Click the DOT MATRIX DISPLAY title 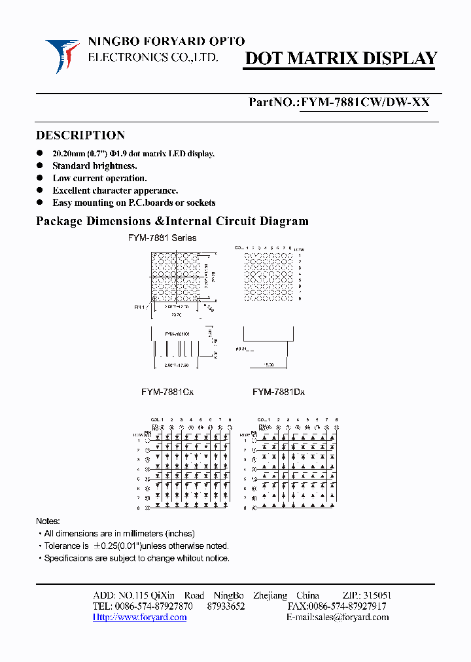pos(340,59)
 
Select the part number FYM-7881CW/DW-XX pos(364,103)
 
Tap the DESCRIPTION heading pos(80,135)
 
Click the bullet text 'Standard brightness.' pos(94,166)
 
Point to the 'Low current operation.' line pos(99,178)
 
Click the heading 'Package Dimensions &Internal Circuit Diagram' pos(171,221)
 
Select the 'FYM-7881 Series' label pos(162,238)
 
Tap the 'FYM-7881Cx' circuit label pos(167,392)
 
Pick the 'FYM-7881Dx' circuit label pos(279,392)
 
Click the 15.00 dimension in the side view pos(268,365)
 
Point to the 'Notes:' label pos(48,521)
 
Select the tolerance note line pos(136,546)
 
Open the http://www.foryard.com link pos(140,617)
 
